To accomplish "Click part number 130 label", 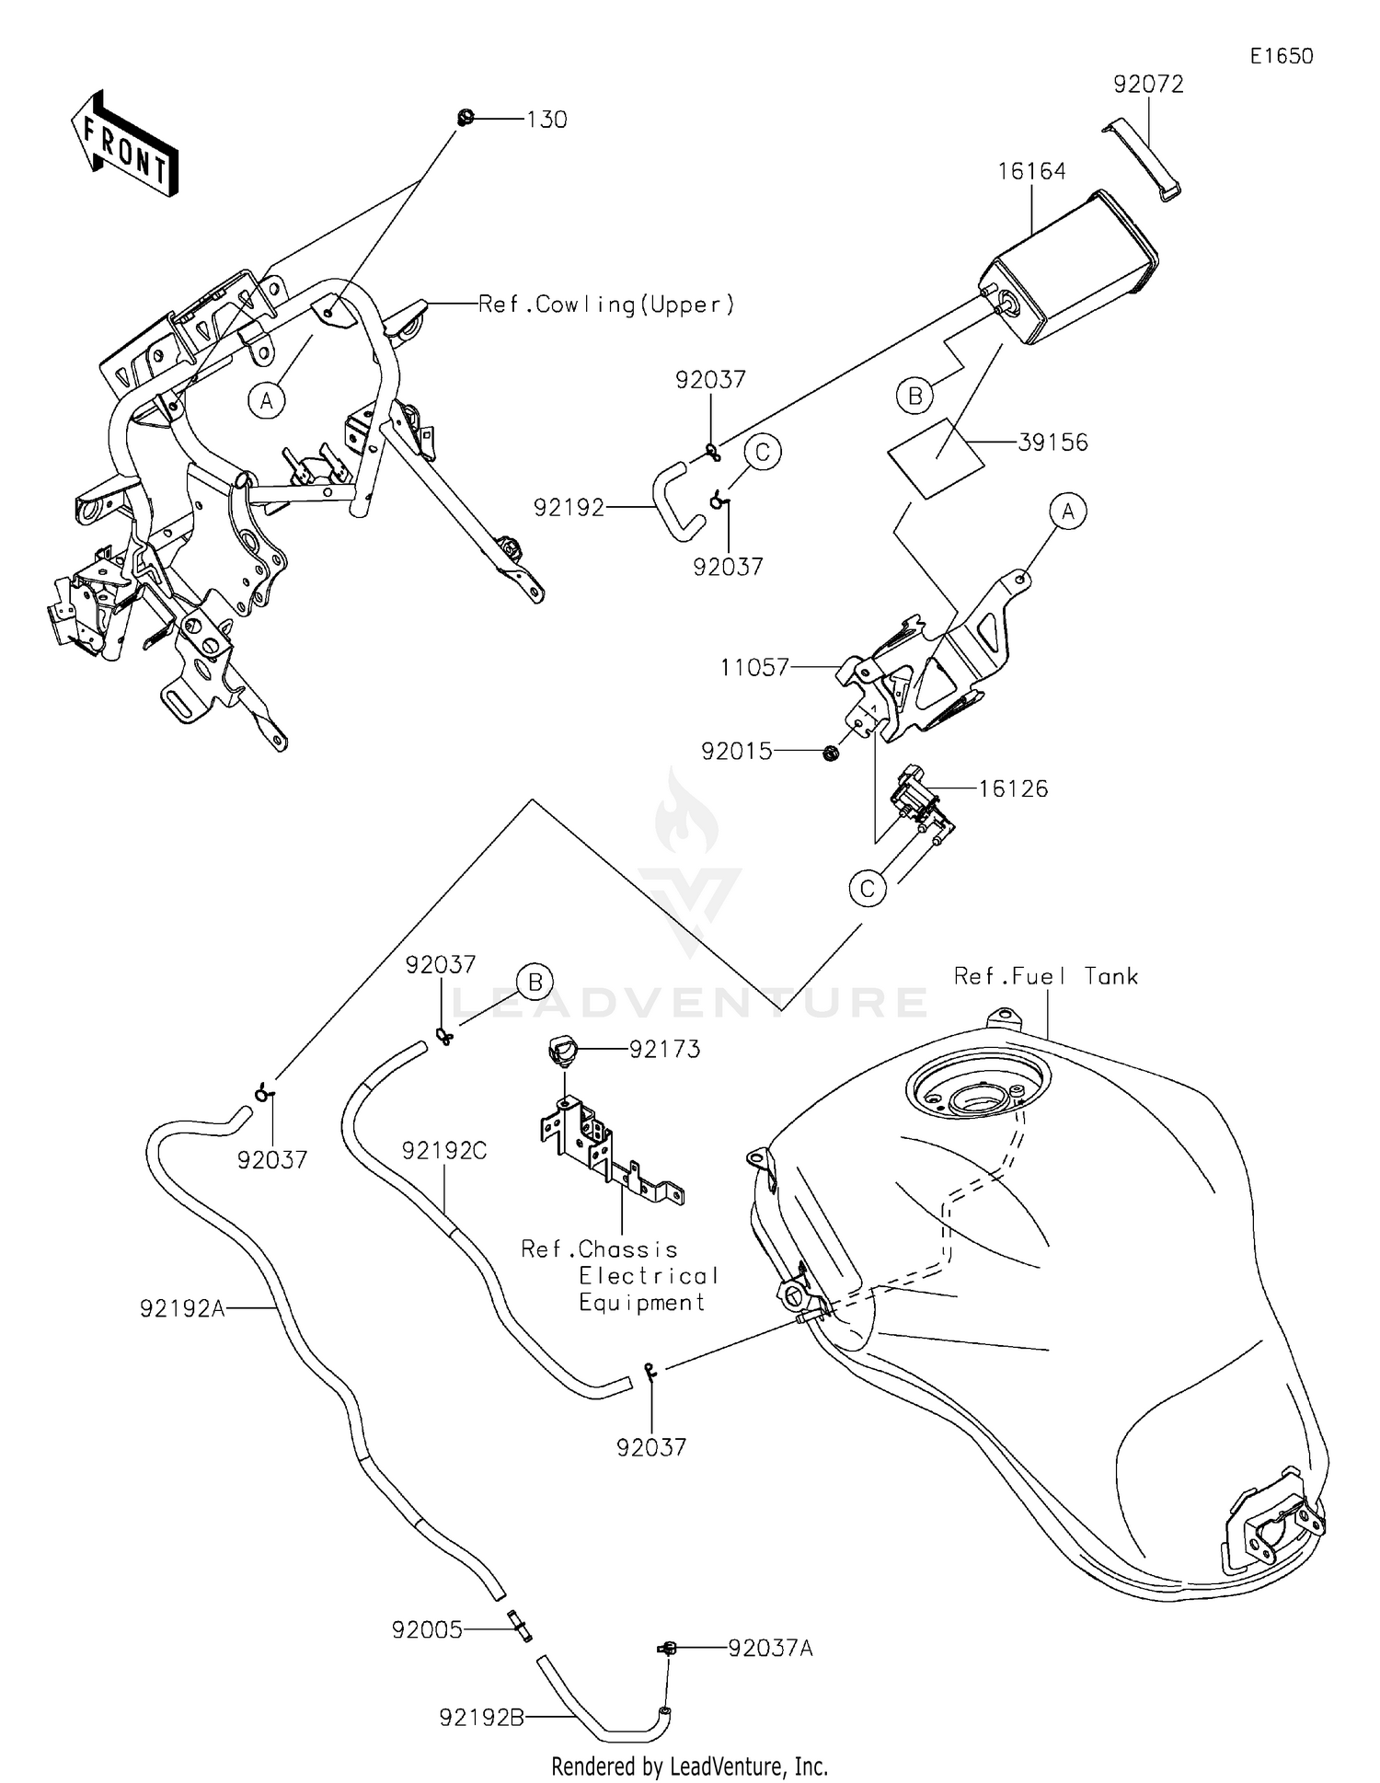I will [x=546, y=120].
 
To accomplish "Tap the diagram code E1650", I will [x=1281, y=56].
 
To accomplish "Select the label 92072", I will [x=1147, y=85].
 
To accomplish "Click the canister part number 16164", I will [x=1031, y=172].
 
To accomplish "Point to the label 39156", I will [x=1052, y=443].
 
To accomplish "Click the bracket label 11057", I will [x=754, y=667].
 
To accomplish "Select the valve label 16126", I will [x=1012, y=788].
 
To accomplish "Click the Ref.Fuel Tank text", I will [x=1045, y=976].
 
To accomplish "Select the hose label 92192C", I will [x=443, y=1151].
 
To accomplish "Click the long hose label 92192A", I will [x=182, y=1307].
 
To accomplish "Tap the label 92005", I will [x=427, y=1630].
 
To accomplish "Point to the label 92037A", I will [x=770, y=1648].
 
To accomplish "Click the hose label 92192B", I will [x=481, y=1717].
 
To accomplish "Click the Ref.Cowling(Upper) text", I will [x=606, y=305].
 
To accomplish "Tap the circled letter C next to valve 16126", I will [x=867, y=889].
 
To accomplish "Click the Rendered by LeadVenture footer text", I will [x=689, y=1766].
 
